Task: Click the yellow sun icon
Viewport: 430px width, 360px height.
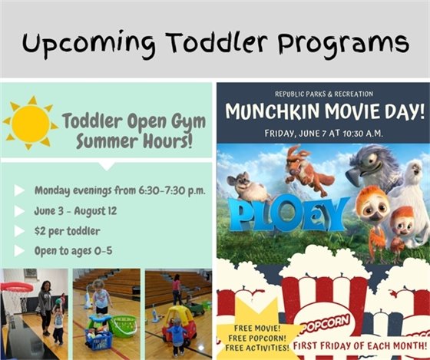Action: tap(30, 122)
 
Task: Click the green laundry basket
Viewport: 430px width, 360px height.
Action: tap(122, 325)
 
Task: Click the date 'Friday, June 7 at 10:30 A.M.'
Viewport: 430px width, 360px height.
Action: tap(322, 131)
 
